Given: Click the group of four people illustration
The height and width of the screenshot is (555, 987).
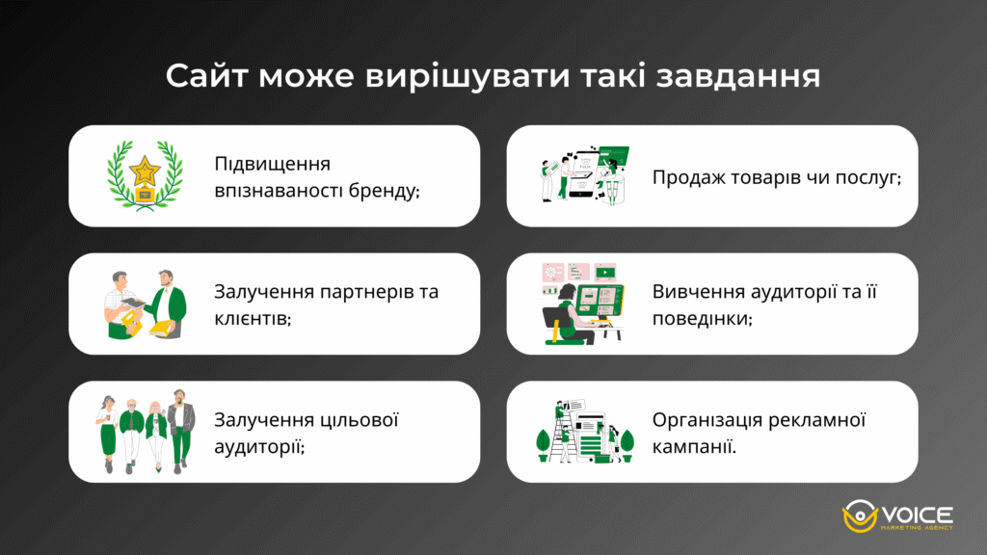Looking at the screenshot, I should point(145,432).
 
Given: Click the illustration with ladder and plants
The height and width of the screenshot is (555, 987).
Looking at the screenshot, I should point(584,432).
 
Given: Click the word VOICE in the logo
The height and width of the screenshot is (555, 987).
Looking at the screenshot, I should point(917,513).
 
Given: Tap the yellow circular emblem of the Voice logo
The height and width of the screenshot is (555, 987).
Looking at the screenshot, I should point(858,516).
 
